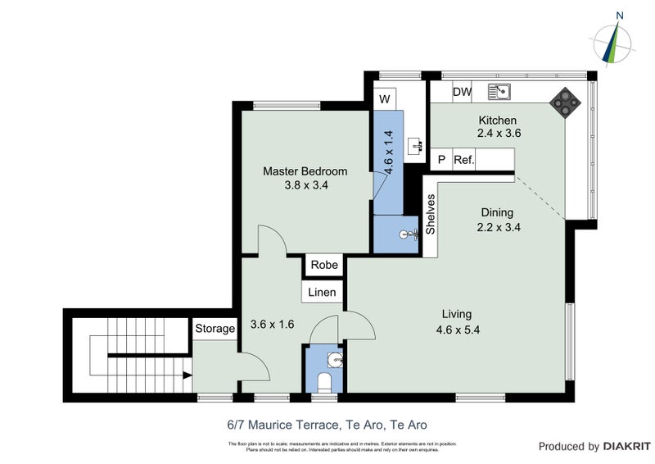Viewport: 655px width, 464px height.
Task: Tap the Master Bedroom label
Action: pos(305,171)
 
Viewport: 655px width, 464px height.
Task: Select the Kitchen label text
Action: pos(499,121)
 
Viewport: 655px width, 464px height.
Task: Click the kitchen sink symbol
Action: pos(499,91)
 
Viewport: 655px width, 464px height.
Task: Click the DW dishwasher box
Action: pos(462,92)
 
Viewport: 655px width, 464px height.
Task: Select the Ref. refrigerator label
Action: pos(464,159)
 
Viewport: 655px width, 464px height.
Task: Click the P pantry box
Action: pos(441,159)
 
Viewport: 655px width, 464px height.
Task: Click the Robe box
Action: pos(323,266)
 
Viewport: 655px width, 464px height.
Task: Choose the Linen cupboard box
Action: pos(322,293)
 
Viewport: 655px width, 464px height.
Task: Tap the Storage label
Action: pos(215,329)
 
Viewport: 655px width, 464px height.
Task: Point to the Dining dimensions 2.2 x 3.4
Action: pos(499,227)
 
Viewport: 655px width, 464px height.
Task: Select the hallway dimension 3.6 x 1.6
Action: pos(271,324)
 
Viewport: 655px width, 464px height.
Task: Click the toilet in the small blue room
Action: pos(324,382)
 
